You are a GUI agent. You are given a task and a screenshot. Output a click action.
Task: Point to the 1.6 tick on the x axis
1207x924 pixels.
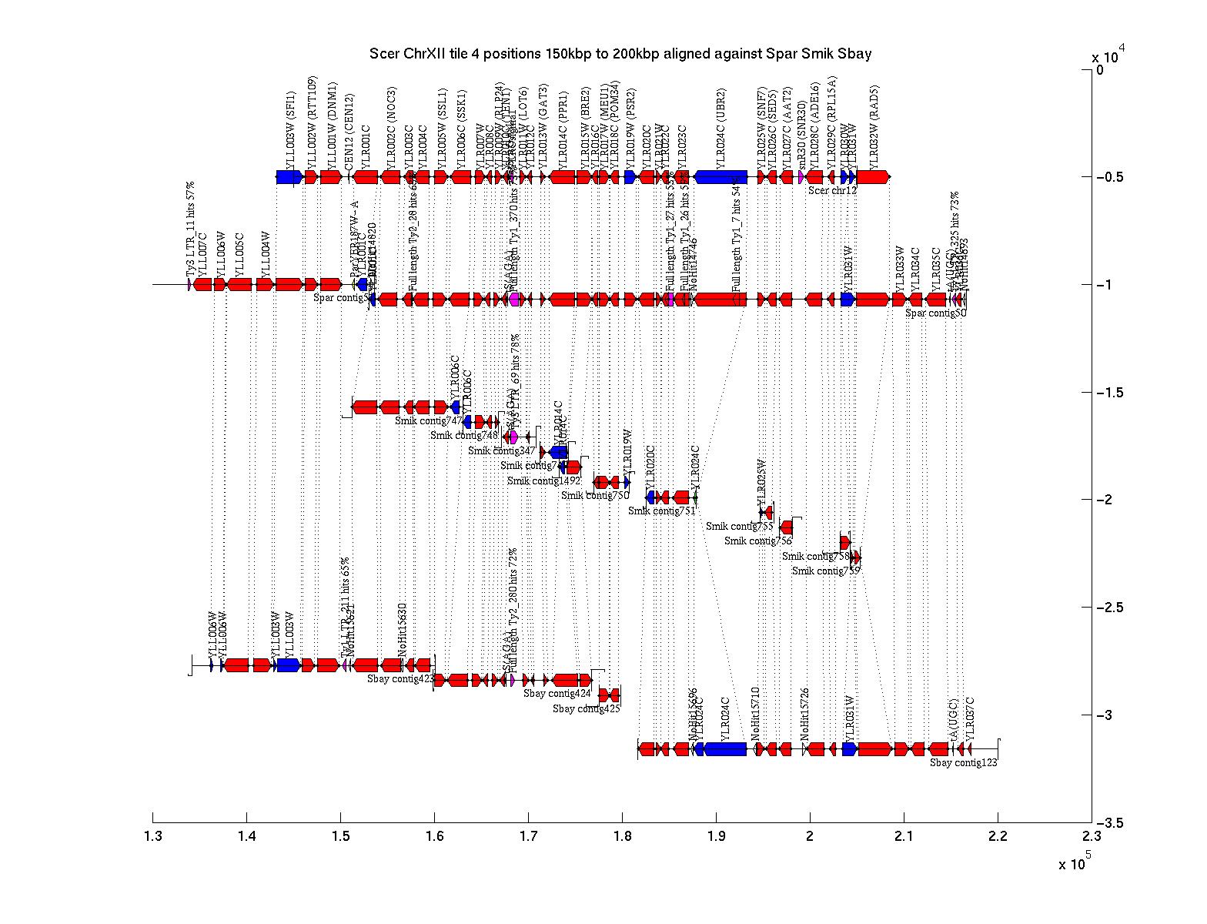[434, 818]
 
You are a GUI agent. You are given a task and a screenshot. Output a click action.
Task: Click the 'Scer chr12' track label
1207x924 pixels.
[833, 190]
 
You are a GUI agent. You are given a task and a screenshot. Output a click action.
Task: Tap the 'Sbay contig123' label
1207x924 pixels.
[963, 763]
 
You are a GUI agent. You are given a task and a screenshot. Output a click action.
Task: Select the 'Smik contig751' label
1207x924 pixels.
[661, 511]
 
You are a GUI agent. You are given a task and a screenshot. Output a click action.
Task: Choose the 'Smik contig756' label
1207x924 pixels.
[757, 541]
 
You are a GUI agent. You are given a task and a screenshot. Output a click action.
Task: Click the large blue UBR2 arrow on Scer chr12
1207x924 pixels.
[721, 177]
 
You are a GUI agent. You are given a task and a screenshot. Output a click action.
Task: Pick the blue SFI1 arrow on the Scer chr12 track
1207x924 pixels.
[289, 177]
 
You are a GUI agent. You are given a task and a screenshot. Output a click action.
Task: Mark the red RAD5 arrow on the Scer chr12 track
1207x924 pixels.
[873, 177]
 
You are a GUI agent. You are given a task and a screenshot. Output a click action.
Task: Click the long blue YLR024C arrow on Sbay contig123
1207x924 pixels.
[725, 748]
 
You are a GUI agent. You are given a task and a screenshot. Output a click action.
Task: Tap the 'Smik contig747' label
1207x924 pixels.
[429, 421]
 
